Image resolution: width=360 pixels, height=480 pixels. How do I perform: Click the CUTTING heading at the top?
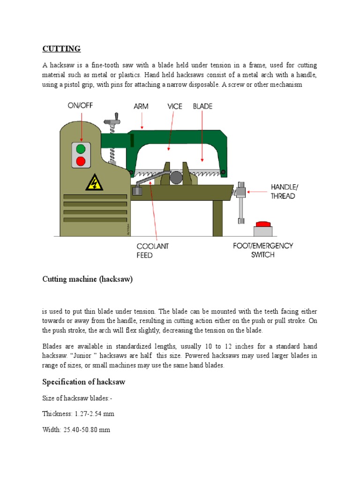(61, 49)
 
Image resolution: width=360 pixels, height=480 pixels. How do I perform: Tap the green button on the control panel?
(81, 149)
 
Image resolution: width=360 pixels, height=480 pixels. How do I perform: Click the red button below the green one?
(81, 162)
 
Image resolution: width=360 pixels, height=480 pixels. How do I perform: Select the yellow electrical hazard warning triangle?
(94, 183)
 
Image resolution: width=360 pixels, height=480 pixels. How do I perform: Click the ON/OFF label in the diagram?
(80, 106)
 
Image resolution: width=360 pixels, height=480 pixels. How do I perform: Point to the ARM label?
(141, 106)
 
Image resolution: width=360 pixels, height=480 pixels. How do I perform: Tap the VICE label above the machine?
(175, 106)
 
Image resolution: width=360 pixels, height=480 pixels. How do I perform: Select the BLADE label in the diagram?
(202, 106)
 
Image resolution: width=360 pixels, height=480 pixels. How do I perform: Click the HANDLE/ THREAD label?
(284, 191)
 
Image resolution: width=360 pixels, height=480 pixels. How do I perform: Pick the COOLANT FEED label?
(152, 251)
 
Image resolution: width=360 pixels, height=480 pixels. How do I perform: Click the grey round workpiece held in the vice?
(176, 177)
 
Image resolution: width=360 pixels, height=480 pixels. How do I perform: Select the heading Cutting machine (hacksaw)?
(88, 279)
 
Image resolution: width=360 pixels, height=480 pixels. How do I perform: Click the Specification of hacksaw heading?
(83, 382)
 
